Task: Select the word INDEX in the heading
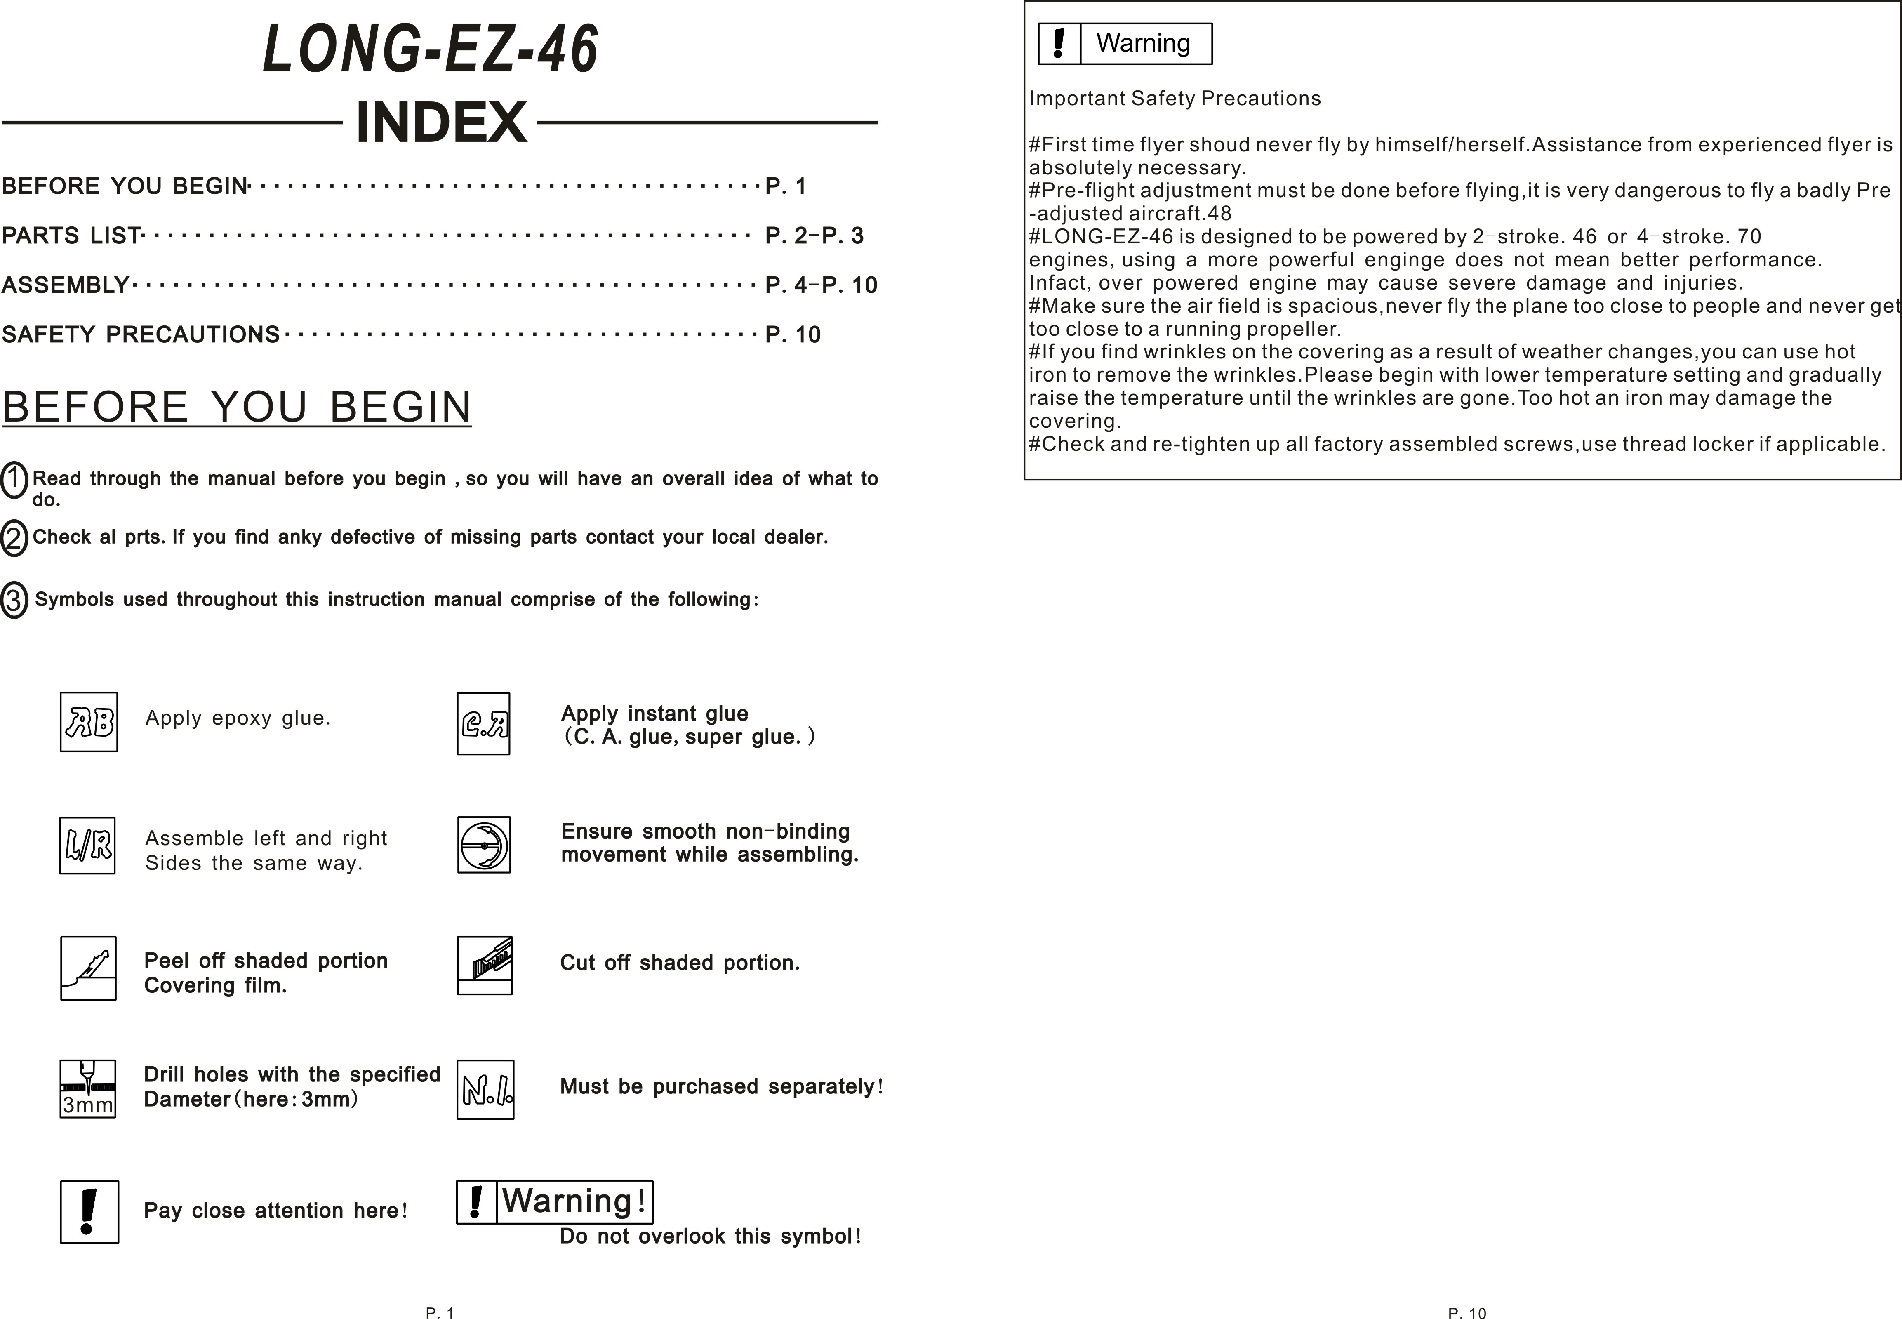(x=441, y=122)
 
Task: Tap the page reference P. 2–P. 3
(x=814, y=236)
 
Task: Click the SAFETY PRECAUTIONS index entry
(x=141, y=335)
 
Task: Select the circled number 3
(x=14, y=600)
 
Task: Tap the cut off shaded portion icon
(x=485, y=965)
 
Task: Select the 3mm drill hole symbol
(x=87, y=1089)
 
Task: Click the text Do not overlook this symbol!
(x=711, y=1237)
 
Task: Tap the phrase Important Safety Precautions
(x=1175, y=98)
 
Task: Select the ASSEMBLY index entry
(x=65, y=285)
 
